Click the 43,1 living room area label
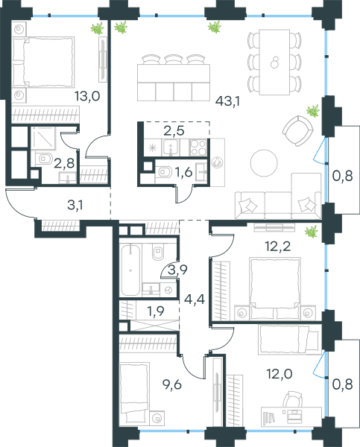coord(227,101)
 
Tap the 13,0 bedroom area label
coord(87,96)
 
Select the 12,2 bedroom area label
coord(278,246)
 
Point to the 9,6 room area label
coord(172,384)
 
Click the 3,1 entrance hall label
coord(75,205)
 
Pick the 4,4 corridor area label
coord(195,299)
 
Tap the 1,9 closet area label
coord(156,311)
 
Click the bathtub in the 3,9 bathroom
coord(130,270)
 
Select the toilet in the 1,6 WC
coord(163,172)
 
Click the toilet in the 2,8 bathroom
coord(44,159)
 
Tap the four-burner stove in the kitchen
coord(198,148)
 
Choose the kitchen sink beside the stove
coord(171,148)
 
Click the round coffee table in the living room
coord(264,163)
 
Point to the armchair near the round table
coord(298,131)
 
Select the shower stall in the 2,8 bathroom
coord(43,138)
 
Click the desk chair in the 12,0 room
coord(292,399)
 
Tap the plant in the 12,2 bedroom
coord(311,232)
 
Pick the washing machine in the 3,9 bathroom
coord(168,290)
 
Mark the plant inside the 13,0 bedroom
coord(97,28)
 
